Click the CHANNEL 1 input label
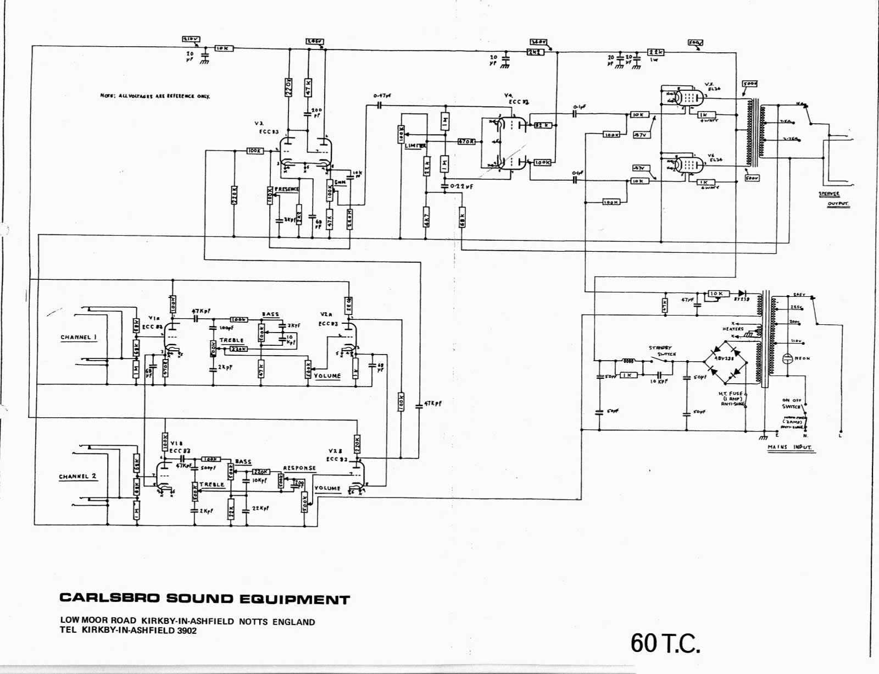pyautogui.click(x=79, y=338)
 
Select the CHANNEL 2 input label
pyautogui.click(x=77, y=477)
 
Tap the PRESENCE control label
pyautogui.click(x=287, y=189)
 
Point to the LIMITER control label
pyautogui.click(x=415, y=146)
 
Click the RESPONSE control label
pyautogui.click(x=299, y=468)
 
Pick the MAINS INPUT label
pyautogui.click(x=789, y=447)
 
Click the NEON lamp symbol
pyautogui.click(x=788, y=358)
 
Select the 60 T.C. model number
pyautogui.click(x=665, y=643)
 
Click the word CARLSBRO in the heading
pyautogui.click(x=109, y=598)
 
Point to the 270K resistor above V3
pyautogui.click(x=288, y=87)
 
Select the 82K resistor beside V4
pyautogui.click(x=542, y=125)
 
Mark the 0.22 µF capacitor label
pyautogui.click(x=461, y=187)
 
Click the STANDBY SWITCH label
pyautogui.click(x=662, y=351)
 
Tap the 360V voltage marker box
pyautogui.click(x=538, y=42)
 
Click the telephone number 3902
pyautogui.click(x=187, y=631)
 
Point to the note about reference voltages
pyautogui.click(x=155, y=96)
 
